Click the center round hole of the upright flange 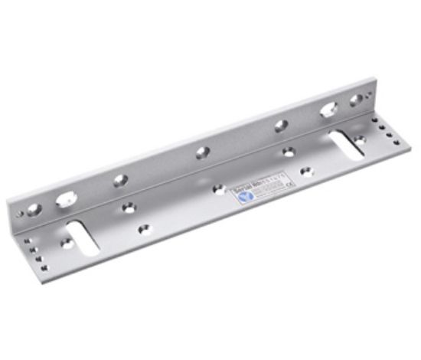coord(202,152)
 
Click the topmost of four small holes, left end coord(26,241)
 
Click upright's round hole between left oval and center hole coord(121,181)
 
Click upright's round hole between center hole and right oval coord(282,125)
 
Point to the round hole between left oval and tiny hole coord(34,208)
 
